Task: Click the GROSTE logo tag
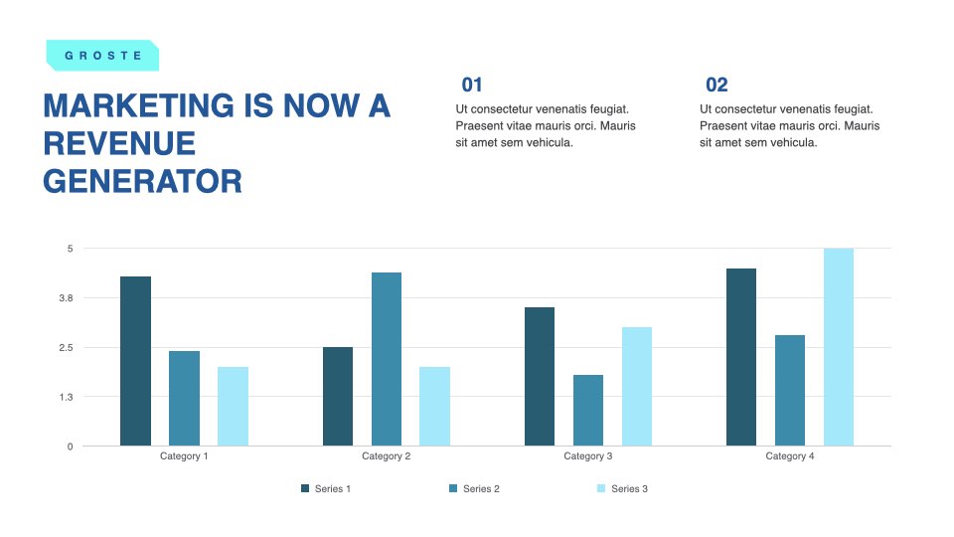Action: (x=102, y=56)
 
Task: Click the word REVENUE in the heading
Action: (x=119, y=143)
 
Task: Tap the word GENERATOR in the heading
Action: (x=142, y=181)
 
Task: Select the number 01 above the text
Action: (x=472, y=85)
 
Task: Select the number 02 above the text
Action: (x=716, y=85)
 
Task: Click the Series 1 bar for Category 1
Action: (x=136, y=361)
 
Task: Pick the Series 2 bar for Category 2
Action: (x=387, y=359)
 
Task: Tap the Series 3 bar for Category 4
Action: (x=839, y=347)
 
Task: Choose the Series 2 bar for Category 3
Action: (x=588, y=411)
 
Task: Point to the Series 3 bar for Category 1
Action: (x=233, y=406)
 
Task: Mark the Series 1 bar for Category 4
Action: (x=741, y=357)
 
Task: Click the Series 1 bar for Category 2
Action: (x=338, y=397)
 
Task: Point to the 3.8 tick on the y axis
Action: (x=66, y=298)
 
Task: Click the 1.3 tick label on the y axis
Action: (x=66, y=397)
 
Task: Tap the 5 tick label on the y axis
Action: (x=70, y=249)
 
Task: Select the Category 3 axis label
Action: (x=587, y=456)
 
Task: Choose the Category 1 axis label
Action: (x=184, y=456)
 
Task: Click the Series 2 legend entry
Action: (x=475, y=488)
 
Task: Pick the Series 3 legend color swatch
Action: (x=601, y=488)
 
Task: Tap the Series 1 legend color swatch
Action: (x=305, y=488)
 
